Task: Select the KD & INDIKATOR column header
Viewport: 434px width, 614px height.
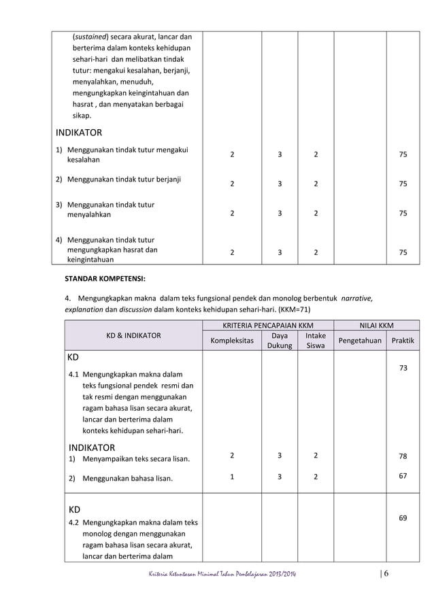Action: tap(133, 335)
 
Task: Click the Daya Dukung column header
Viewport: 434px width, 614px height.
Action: tap(279, 341)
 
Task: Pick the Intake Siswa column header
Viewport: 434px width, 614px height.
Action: tap(315, 341)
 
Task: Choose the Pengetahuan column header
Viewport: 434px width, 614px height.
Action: tap(361, 340)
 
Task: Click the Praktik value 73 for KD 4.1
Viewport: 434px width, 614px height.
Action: tap(403, 368)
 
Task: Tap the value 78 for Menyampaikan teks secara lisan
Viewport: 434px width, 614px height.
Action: tap(403, 457)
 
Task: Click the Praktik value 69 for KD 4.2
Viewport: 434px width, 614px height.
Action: tap(403, 518)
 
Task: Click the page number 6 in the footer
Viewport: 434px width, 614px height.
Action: tap(386, 575)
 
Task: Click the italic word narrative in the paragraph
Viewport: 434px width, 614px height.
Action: tap(356, 297)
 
